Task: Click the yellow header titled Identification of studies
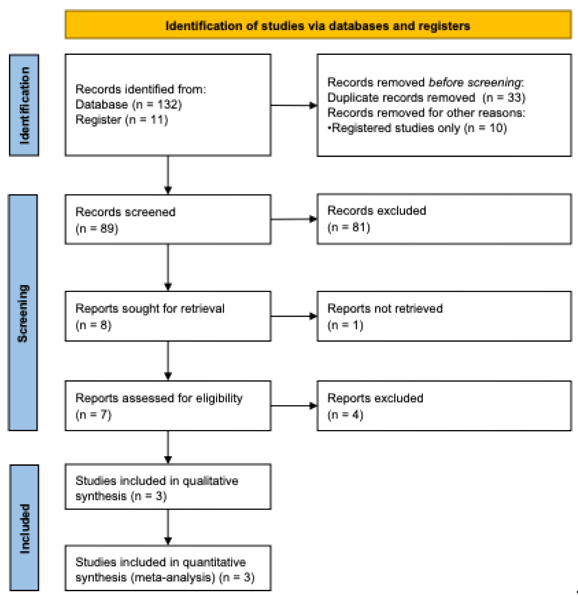[318, 26]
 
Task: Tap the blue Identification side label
[24, 105]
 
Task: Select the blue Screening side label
[23, 313]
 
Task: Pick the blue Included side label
[24, 528]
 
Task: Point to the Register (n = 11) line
[121, 119]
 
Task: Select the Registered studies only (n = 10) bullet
[417, 128]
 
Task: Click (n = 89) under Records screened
[97, 228]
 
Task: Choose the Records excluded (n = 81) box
[444, 219]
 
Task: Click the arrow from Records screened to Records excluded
[294, 219]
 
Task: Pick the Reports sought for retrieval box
[168, 316]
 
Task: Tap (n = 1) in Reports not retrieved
[345, 325]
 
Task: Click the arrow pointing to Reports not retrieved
[294, 316]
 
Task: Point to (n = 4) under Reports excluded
[345, 415]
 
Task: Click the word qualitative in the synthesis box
[210, 481]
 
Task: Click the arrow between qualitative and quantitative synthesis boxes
[168, 527]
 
